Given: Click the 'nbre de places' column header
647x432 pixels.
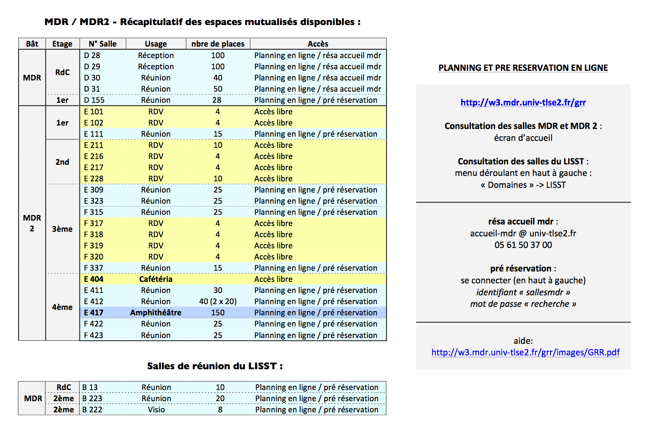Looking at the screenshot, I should [218, 44].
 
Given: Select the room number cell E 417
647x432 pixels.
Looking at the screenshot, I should [93, 313].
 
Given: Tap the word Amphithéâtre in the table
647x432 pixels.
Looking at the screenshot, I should [156, 313].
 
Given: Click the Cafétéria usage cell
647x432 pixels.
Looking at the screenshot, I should [156, 279].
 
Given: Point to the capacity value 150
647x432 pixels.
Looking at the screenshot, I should [218, 313].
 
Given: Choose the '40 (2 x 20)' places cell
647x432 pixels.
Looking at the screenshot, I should [218, 301].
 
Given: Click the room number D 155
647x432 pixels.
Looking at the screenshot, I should [94, 100].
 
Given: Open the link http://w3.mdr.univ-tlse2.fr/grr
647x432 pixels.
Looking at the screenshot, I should [523, 102].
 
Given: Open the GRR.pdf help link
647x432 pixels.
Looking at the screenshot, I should [525, 352].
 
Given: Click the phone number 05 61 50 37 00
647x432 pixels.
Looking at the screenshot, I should [523, 245].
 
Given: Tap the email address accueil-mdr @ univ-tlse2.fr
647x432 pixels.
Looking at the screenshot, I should [523, 233].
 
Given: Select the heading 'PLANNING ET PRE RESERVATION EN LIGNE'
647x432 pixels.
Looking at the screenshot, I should [523, 68].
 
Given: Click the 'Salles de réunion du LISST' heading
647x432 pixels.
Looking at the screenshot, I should [215, 366].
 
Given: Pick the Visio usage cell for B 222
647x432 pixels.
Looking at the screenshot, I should [156, 410].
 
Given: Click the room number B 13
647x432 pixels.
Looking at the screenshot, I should [90, 387].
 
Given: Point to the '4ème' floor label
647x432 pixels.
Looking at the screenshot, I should [62, 307].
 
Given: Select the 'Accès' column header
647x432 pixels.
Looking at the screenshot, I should [318, 44].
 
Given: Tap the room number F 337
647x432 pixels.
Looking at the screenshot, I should [93, 268].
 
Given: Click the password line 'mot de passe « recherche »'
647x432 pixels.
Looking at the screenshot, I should [523, 304].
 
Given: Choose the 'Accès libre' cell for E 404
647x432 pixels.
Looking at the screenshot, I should [273, 279].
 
